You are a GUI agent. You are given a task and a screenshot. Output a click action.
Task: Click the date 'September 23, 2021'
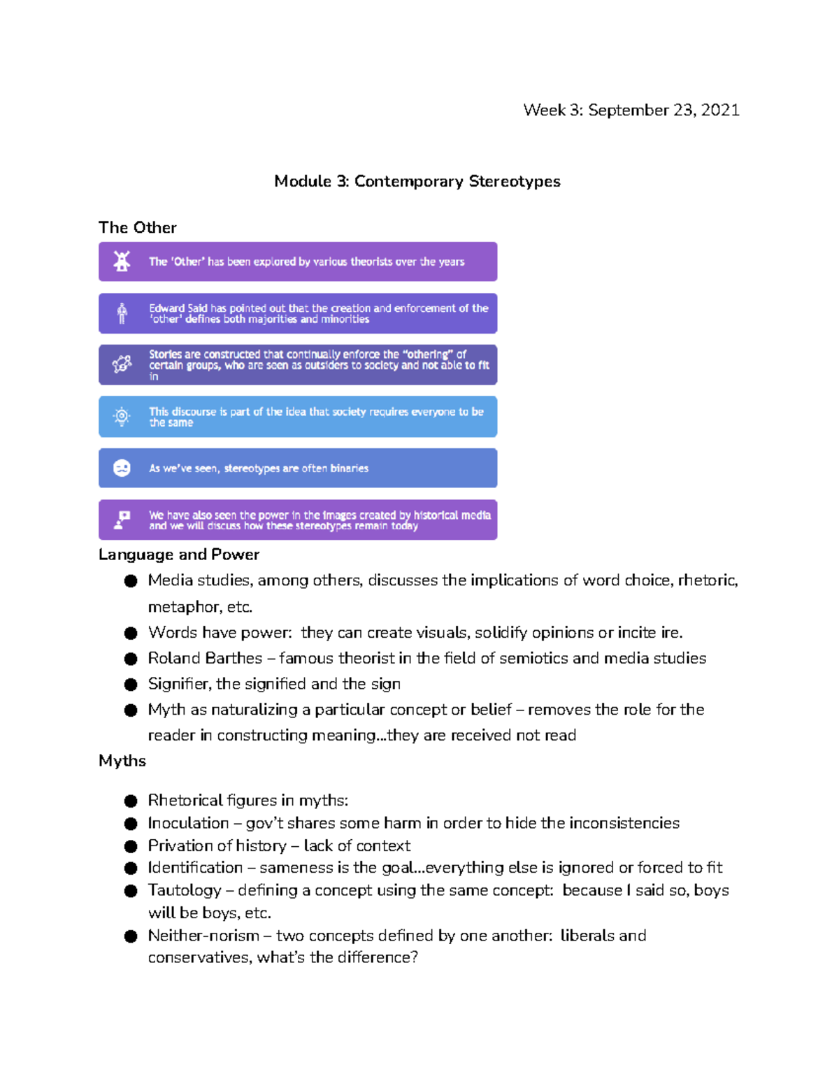664,110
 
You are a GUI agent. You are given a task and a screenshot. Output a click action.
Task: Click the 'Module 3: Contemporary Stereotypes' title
417,182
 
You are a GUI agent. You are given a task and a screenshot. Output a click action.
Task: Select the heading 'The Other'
138,228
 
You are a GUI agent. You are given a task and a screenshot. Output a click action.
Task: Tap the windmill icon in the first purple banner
122,262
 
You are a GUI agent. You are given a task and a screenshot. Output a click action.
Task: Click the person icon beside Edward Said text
122,313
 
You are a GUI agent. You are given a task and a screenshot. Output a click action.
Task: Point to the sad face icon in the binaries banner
122,468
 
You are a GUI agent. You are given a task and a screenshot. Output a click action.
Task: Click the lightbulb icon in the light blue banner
122,417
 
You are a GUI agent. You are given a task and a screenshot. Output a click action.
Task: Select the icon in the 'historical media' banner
122,520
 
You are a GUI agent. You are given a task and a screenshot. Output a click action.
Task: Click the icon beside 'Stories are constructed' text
122,364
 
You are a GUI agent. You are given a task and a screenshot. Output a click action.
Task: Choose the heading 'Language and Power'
179,555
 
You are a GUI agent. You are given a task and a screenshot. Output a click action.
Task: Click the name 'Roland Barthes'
205,658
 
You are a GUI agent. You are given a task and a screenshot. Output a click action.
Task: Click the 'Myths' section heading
122,761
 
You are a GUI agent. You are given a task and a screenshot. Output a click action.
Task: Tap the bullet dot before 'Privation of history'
131,846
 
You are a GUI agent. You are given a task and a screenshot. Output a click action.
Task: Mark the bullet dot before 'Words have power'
131,633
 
